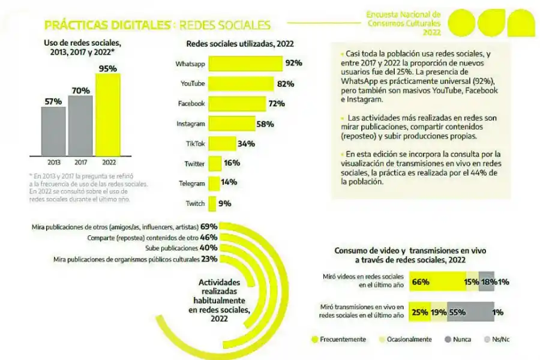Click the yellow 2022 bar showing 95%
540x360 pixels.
pos(108,114)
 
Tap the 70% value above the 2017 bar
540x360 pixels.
pos(81,91)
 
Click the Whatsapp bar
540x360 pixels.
pos(245,63)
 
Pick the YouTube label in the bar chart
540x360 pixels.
pos(193,83)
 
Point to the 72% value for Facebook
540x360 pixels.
pos(276,104)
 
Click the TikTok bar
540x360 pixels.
pos(221,143)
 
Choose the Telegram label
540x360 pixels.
pos(193,184)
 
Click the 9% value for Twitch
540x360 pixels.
pos(225,203)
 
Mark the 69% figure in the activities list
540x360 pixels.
pos(209,227)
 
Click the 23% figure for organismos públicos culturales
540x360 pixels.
pos(209,259)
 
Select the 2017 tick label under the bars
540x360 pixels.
pos(81,162)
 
